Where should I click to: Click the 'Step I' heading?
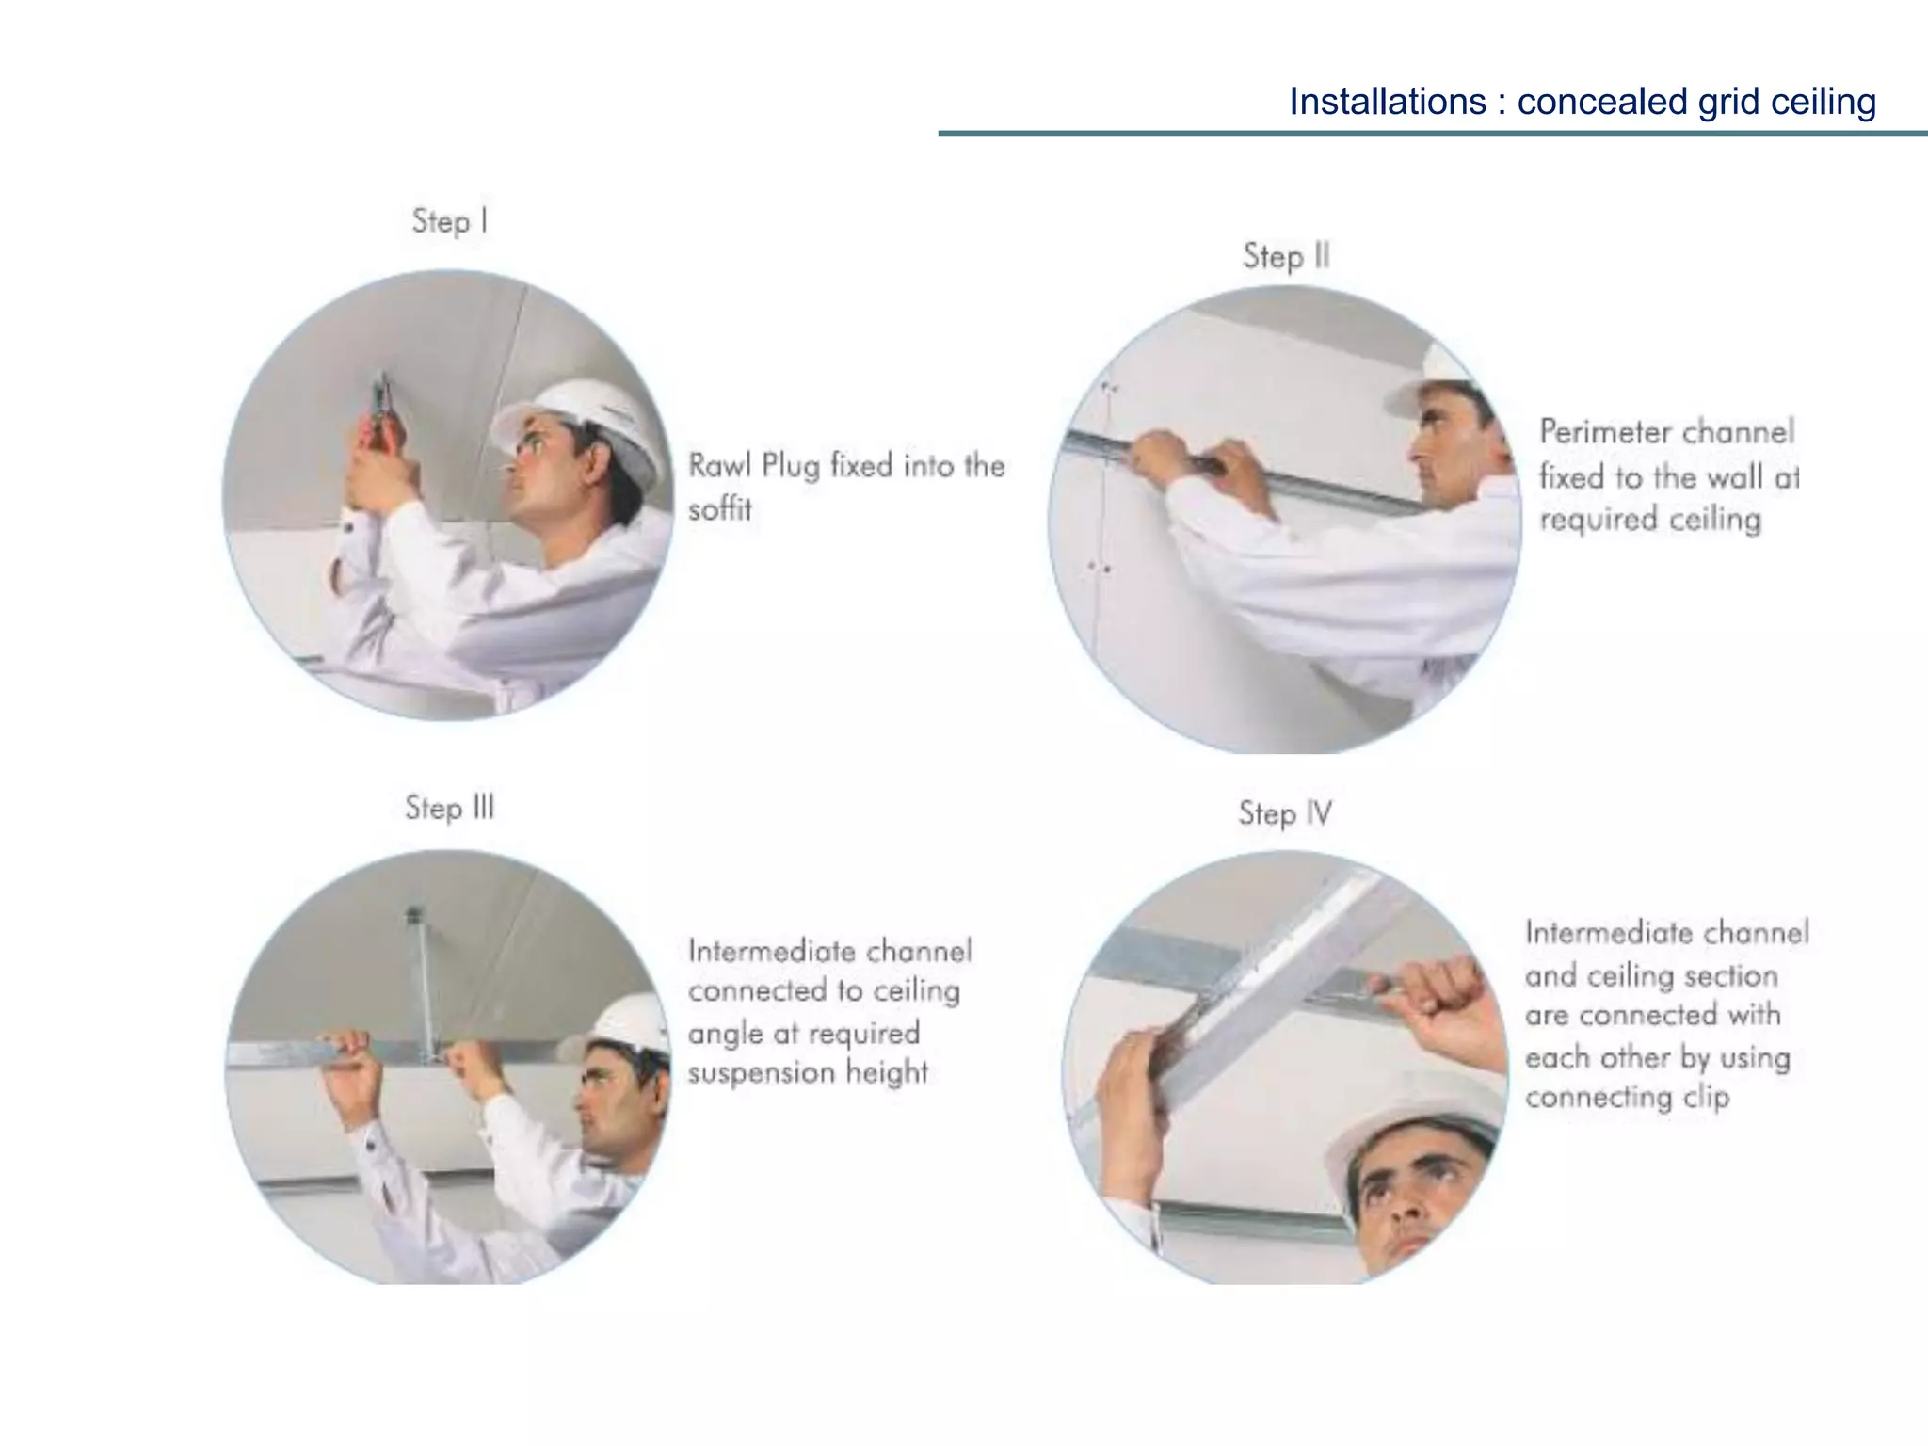tap(449, 221)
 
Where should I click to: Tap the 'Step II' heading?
tap(1285, 256)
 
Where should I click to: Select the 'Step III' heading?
tap(449, 808)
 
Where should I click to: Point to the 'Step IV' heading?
tap(1285, 813)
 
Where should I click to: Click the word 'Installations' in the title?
tap(1387, 102)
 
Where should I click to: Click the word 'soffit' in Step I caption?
tap(720, 509)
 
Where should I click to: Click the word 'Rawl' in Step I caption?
tap(719, 465)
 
